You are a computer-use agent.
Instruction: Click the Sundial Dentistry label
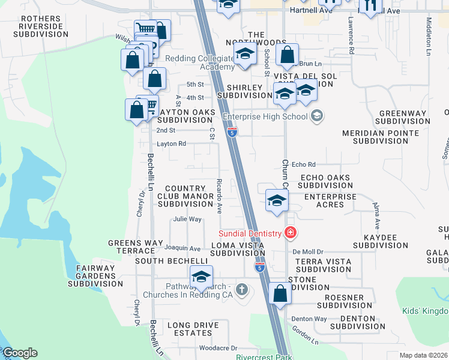click(x=249, y=233)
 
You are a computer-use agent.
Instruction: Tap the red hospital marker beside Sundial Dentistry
click(x=291, y=232)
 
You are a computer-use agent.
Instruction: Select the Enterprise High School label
click(x=265, y=116)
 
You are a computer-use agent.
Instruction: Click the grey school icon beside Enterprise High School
click(x=317, y=116)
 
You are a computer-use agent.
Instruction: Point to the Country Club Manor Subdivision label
click(x=186, y=196)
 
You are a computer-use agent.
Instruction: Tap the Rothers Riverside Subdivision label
click(x=44, y=26)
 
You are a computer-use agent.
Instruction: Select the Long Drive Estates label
click(x=193, y=329)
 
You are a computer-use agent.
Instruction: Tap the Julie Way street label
click(x=187, y=219)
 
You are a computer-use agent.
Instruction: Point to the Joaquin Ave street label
click(x=182, y=248)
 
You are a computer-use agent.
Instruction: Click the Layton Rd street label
click(x=172, y=144)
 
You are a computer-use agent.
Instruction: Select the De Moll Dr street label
click(x=308, y=252)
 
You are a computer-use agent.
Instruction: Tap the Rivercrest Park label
click(x=264, y=357)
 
